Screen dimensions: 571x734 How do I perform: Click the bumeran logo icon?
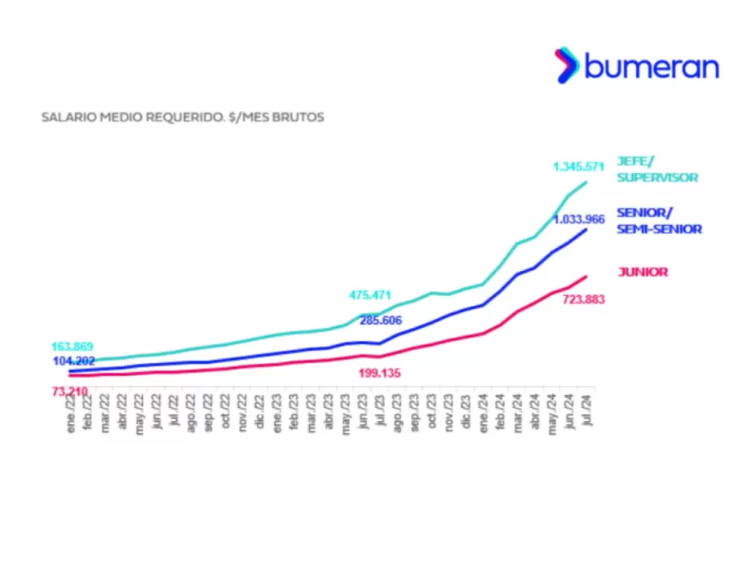click(x=568, y=65)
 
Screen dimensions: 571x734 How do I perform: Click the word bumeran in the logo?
click(x=652, y=66)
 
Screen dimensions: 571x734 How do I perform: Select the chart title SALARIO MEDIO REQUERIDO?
click(x=183, y=117)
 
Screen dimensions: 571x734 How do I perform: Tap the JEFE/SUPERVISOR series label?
click(x=657, y=169)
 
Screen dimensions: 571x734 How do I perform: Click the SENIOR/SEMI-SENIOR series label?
click(x=659, y=221)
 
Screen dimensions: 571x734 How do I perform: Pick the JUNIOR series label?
click(x=642, y=272)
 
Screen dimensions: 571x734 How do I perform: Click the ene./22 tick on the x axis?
click(x=71, y=412)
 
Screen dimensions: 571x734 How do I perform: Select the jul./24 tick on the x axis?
click(x=586, y=412)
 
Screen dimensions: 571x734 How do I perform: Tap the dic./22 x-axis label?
click(x=259, y=412)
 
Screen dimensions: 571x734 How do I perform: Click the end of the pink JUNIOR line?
click(x=586, y=277)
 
